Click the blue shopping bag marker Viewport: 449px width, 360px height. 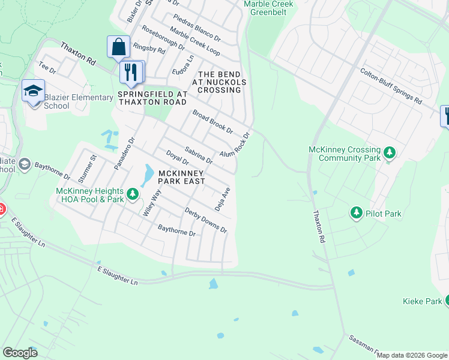point(118,46)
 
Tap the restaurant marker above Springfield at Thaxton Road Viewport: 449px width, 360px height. point(131,72)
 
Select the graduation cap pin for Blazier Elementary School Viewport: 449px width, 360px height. point(34,91)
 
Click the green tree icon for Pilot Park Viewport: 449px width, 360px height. point(357,213)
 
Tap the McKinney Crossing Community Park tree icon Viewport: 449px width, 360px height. point(390,153)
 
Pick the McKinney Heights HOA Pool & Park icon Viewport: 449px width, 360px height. point(132,195)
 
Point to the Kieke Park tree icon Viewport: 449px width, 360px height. point(447,301)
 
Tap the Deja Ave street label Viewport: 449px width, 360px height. point(223,199)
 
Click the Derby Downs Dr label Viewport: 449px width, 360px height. point(206,221)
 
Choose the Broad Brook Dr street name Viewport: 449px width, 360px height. point(212,122)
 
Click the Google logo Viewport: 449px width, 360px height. point(20,353)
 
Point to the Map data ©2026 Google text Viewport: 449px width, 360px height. point(412,355)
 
